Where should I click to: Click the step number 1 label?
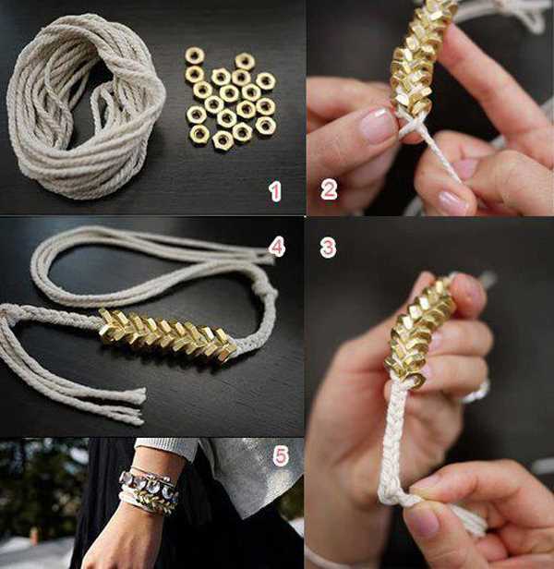(x=275, y=191)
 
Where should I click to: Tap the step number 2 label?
(x=329, y=189)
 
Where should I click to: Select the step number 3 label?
(x=328, y=248)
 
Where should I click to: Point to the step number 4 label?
(x=277, y=248)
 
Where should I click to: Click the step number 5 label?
(x=281, y=455)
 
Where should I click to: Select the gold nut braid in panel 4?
(x=167, y=335)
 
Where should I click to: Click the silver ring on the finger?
(x=477, y=392)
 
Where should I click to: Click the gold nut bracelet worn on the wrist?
(x=149, y=499)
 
